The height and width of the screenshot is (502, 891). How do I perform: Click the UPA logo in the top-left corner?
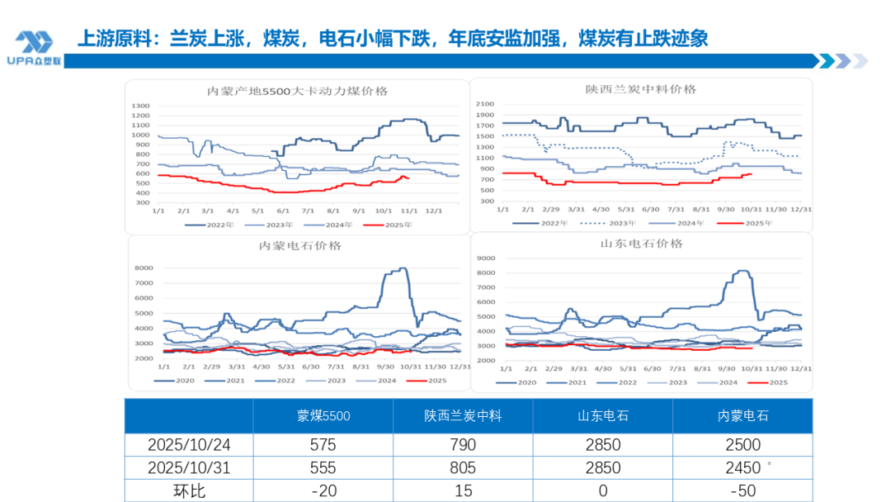click(x=34, y=48)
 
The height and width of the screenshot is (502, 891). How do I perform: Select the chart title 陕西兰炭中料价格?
click(x=640, y=89)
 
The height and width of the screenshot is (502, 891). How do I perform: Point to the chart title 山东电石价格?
click(x=641, y=244)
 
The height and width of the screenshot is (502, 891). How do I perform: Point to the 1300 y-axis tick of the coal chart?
click(x=140, y=106)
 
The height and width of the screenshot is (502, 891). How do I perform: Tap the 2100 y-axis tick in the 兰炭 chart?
click(x=484, y=105)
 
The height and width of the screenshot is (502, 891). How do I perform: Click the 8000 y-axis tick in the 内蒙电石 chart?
click(x=144, y=268)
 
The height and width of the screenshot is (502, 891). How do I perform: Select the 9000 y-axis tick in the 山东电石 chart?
click(x=486, y=258)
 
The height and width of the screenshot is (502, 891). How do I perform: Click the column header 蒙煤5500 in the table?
click(x=323, y=416)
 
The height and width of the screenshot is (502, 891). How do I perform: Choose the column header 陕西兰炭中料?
click(x=463, y=416)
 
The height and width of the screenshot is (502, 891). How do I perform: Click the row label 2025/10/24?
click(x=189, y=444)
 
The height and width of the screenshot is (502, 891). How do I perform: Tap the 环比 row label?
click(x=189, y=490)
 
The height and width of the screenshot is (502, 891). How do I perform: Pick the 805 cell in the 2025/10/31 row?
click(x=463, y=467)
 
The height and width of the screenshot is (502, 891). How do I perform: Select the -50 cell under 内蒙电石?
click(x=742, y=490)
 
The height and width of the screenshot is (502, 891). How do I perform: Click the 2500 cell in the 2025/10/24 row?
click(x=742, y=444)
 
